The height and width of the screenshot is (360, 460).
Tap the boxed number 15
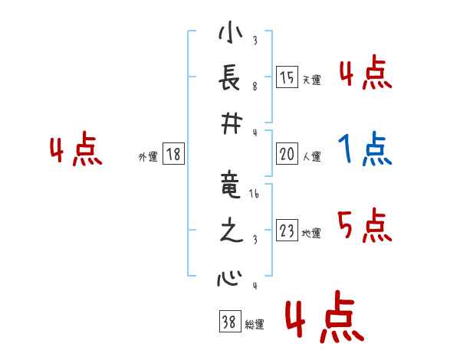click(287, 77)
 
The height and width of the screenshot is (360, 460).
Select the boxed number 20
click(287, 154)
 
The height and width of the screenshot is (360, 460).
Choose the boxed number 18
click(173, 155)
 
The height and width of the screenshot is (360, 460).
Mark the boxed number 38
click(228, 322)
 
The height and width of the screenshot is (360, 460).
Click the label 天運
click(311, 79)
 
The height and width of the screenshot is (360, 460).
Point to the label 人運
click(311, 156)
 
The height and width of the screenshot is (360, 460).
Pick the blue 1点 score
click(365, 149)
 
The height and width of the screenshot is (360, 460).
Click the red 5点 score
click(365, 225)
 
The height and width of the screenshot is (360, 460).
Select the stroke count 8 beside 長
click(255, 87)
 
